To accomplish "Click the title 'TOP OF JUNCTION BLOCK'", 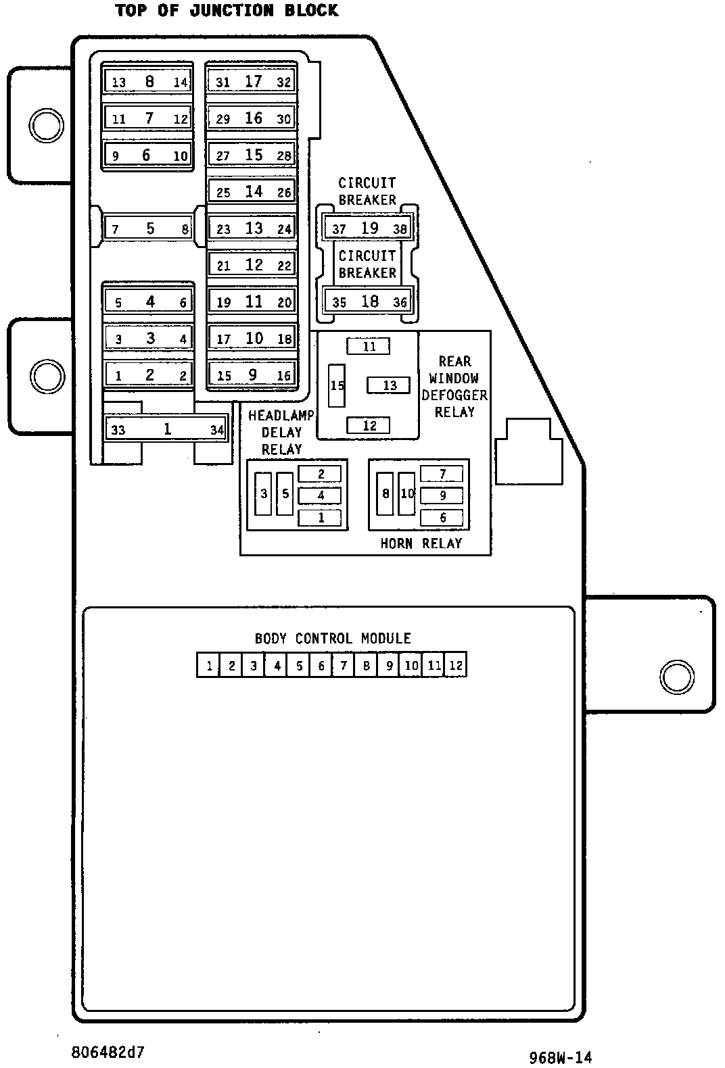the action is click(227, 11).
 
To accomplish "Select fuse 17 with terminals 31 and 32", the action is click(252, 81).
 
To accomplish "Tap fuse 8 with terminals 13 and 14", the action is click(148, 81).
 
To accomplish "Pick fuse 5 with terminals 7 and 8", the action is click(148, 228).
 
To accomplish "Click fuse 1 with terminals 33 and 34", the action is click(166, 429).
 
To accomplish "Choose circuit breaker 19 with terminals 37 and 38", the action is click(368, 228).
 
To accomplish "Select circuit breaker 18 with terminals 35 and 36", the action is click(368, 301).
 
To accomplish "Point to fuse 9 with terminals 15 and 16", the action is click(252, 374).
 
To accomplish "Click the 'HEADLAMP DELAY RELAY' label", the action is click(281, 433).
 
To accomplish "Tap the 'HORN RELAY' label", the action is click(421, 543).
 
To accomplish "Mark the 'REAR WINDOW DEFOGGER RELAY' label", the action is click(454, 386).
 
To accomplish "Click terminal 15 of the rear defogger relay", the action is click(337, 385).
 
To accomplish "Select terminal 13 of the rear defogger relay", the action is click(388, 385).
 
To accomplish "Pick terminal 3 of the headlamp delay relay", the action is click(263, 493).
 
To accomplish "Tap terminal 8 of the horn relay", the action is click(385, 493).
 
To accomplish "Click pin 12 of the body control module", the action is click(456, 664).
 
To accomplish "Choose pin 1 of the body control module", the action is click(208, 664).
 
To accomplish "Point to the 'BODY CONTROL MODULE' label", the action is click(333, 638).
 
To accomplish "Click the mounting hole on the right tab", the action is click(677, 677).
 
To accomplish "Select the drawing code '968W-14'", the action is click(561, 1057).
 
